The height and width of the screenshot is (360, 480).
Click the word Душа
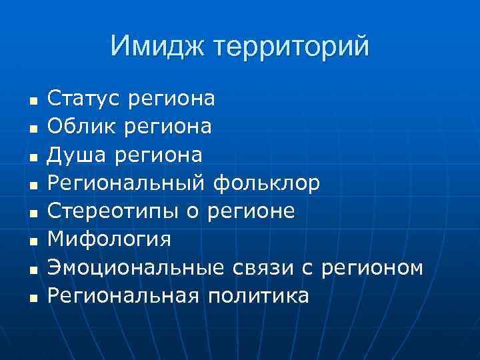pos(78,155)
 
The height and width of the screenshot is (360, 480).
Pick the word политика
pos(258,295)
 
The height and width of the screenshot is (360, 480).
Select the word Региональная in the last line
pos(123,295)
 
